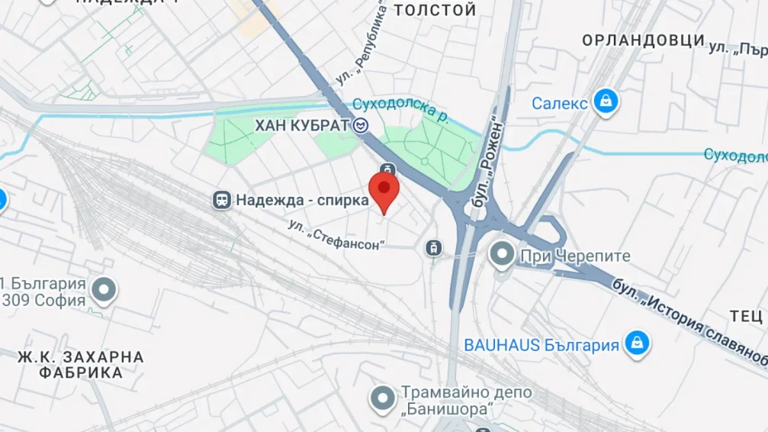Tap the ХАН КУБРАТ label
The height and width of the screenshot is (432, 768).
[301, 124]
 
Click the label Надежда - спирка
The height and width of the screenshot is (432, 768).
[302, 201]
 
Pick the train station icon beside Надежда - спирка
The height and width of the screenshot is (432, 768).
[222, 201]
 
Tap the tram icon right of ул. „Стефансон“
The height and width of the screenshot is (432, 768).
[433, 247]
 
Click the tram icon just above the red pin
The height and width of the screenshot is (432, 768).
[387, 169]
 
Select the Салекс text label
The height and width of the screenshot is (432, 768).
[559, 102]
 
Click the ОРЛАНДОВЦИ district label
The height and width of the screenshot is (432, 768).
[642, 40]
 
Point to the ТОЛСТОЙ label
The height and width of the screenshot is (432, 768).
[434, 11]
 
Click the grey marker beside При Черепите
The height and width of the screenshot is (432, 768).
[503, 254]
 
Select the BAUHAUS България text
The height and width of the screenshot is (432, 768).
[541, 345]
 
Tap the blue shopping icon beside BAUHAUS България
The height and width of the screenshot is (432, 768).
[636, 343]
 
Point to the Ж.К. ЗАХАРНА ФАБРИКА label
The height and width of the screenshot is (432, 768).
[81, 365]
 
